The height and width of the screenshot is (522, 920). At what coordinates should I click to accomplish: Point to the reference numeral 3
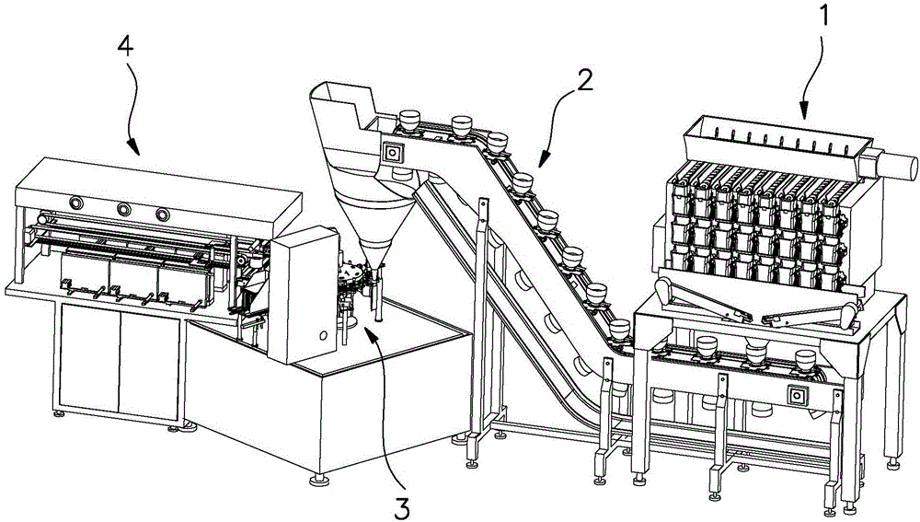click(402, 503)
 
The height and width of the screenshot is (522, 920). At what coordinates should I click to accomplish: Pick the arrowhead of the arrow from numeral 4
click(135, 151)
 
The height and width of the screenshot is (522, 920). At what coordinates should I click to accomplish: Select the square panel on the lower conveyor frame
click(794, 394)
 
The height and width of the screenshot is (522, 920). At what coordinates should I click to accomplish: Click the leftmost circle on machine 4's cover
click(75, 203)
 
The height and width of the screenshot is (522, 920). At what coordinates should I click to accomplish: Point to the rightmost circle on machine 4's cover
click(163, 215)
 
